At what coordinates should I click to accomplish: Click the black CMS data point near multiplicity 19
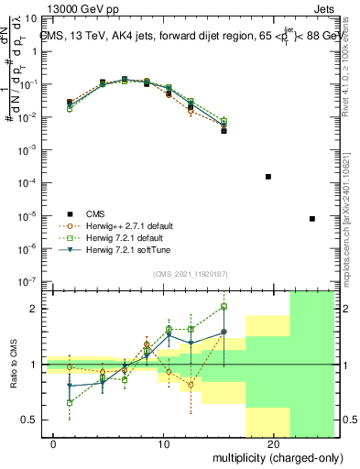(x=268, y=177)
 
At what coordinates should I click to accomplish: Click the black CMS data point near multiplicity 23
(x=312, y=219)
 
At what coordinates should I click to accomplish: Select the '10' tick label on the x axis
(x=164, y=444)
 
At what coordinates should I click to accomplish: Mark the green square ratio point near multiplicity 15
(x=224, y=307)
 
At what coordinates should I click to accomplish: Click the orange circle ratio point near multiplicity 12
(x=191, y=385)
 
